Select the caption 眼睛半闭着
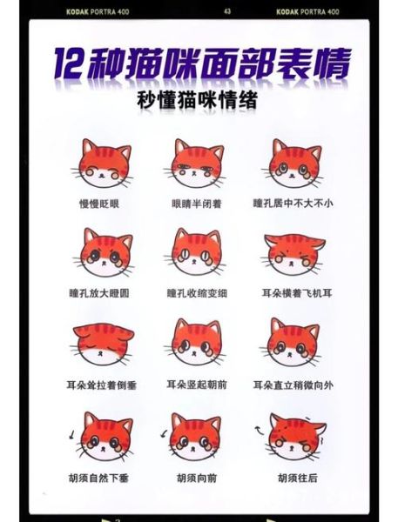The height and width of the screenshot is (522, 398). tap(196, 203)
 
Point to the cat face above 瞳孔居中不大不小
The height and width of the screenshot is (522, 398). tap(292, 164)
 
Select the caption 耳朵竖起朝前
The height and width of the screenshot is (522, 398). tap(196, 384)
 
